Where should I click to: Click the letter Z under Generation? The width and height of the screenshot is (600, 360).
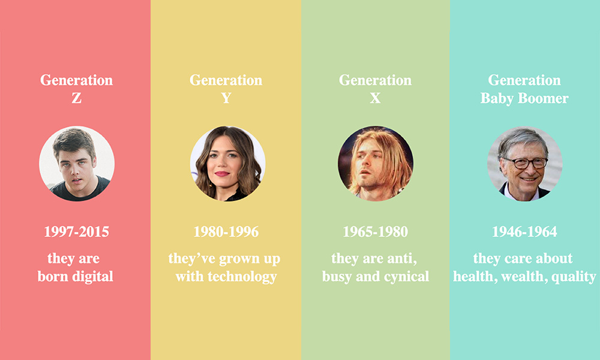point(77,98)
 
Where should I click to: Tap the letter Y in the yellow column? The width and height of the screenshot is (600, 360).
point(226,98)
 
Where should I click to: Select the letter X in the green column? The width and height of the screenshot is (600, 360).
point(376,98)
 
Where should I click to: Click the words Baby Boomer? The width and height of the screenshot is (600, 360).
point(524,98)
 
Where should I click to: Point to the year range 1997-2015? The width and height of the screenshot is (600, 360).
point(77,232)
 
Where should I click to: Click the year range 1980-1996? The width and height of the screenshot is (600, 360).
point(226,232)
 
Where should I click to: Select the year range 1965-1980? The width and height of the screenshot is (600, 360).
point(376,232)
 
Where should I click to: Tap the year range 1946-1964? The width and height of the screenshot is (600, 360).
point(524,232)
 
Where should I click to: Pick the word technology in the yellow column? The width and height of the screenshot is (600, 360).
point(242,277)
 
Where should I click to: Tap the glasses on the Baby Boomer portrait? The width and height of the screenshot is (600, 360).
point(525,163)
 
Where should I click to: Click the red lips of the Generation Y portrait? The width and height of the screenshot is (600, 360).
point(222,173)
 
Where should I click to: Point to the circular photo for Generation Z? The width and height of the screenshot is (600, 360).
point(77,164)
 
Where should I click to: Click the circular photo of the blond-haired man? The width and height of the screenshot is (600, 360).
point(376,164)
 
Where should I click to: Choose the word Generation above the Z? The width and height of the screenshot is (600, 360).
point(77,80)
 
